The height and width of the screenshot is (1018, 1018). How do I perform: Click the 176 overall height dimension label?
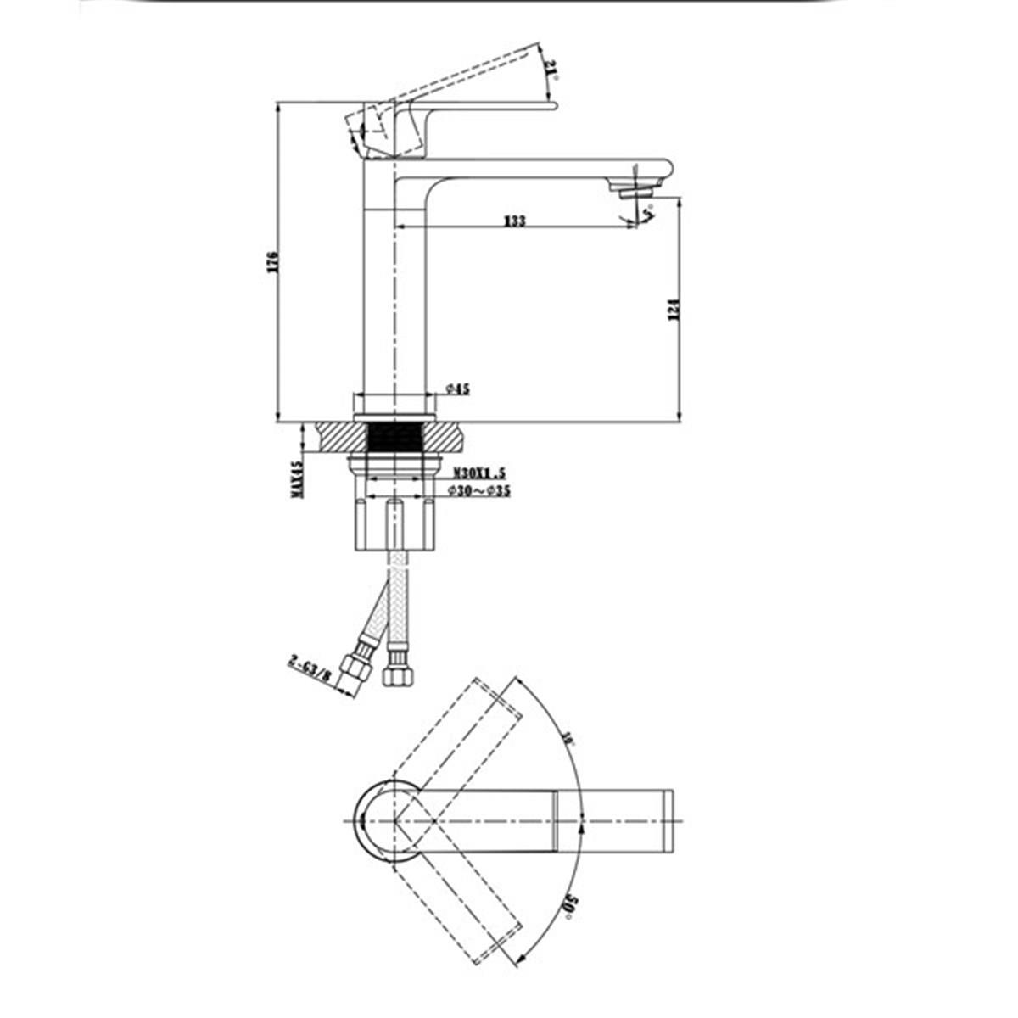(272, 260)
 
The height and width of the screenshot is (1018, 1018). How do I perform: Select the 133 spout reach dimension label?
(514, 221)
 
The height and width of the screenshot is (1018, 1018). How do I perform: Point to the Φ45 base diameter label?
(458, 389)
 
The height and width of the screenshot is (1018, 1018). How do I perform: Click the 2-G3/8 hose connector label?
(310, 668)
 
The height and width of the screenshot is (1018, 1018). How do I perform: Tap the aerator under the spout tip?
(635, 193)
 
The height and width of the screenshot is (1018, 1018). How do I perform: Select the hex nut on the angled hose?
(354, 666)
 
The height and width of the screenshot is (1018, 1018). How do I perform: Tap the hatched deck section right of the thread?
(450, 437)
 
